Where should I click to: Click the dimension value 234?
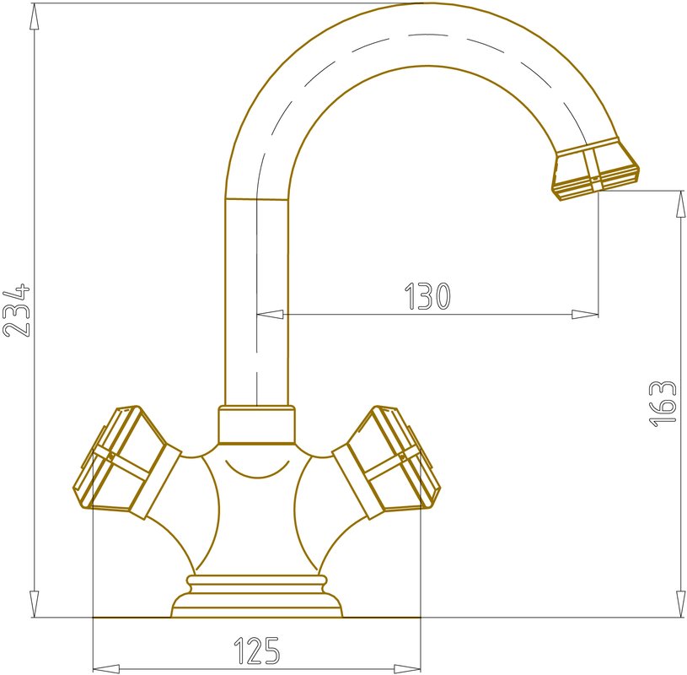coord(17,310)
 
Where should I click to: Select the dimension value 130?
coord(427,296)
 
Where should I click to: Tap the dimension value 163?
coord(663,404)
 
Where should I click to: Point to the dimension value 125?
coord(257,650)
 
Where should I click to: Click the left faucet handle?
coord(127,462)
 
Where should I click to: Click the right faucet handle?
coord(385,462)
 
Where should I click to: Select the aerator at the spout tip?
coord(595,169)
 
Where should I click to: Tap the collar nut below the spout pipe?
coord(257,425)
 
